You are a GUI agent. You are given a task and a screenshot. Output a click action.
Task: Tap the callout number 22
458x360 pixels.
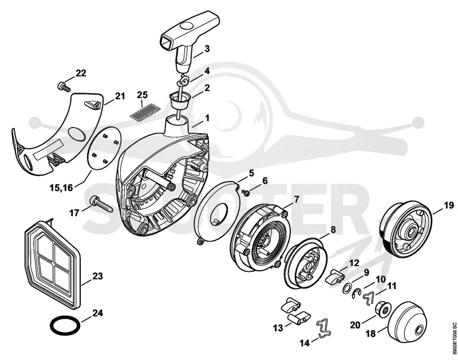81,73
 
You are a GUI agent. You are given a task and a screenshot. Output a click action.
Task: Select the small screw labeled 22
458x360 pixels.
64,86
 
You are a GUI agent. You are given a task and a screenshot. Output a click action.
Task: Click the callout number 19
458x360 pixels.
449,205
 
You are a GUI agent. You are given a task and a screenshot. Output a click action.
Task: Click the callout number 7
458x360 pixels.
297,199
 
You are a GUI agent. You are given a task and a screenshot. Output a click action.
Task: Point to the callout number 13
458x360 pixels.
278,328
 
